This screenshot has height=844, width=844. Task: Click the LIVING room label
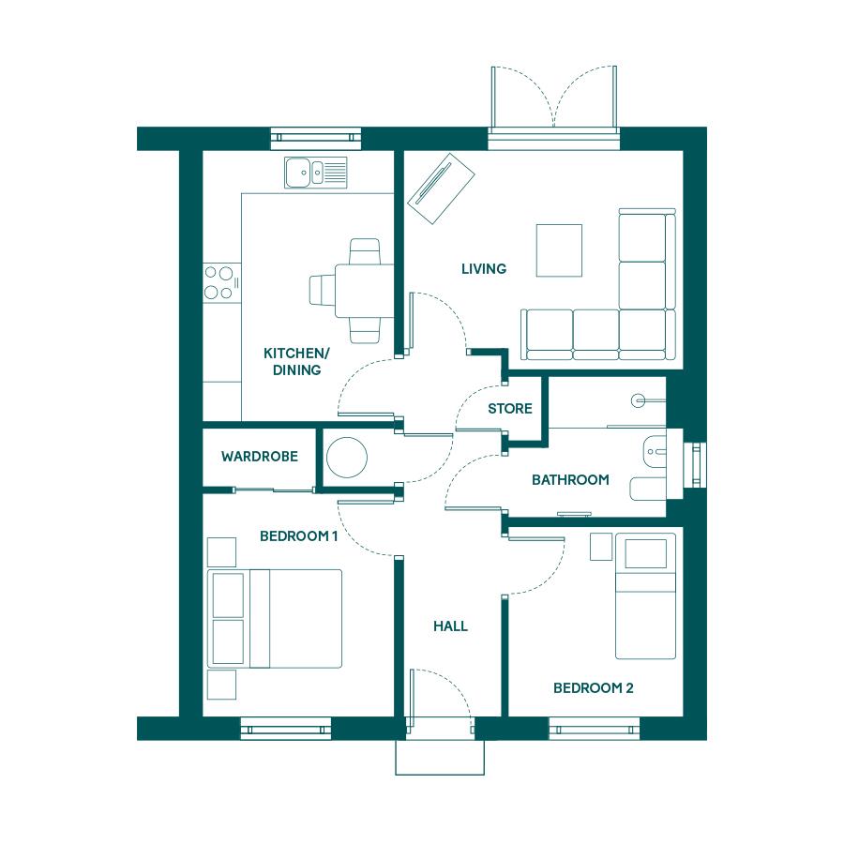(x=484, y=268)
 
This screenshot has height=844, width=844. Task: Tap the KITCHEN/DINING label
(x=296, y=362)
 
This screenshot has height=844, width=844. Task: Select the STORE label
(x=510, y=409)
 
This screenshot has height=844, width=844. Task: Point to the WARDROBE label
(x=260, y=457)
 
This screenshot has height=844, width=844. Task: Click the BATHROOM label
(x=570, y=479)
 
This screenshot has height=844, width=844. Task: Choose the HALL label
(x=450, y=626)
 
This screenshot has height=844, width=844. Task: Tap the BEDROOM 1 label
(x=299, y=536)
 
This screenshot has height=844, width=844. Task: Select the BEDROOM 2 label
(x=594, y=688)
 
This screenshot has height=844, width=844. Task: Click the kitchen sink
(x=316, y=173)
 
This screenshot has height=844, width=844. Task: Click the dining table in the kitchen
(x=365, y=291)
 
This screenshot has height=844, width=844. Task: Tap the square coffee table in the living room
(x=559, y=250)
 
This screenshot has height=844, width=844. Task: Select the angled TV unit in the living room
(x=441, y=188)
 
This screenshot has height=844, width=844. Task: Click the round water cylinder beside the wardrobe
(x=347, y=458)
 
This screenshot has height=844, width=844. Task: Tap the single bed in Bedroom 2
(x=645, y=595)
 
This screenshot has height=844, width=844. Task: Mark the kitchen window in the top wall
(x=315, y=138)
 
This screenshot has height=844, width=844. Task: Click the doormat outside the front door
(x=440, y=758)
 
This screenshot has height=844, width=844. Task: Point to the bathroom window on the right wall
(x=696, y=465)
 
